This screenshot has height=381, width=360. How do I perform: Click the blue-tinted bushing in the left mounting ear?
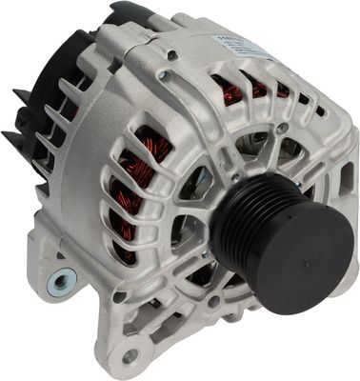coord(61,280)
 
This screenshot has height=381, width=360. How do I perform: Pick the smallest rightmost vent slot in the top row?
coord(320,110)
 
